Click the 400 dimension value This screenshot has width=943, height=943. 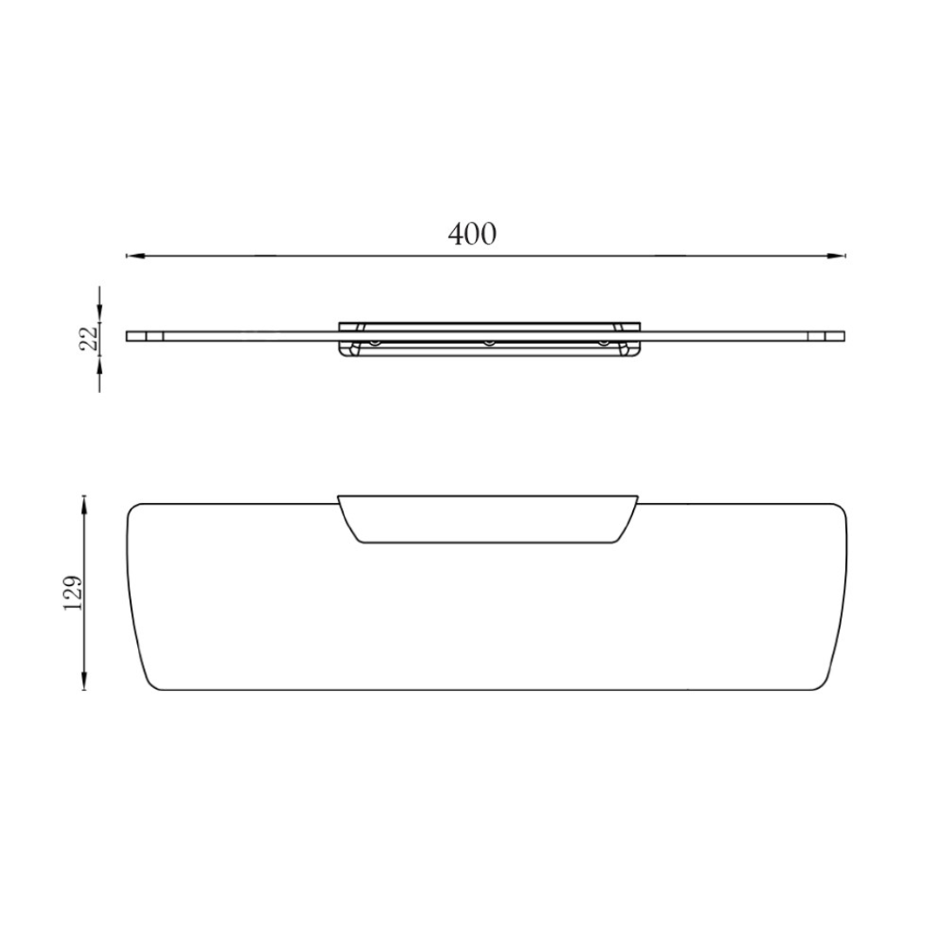(x=471, y=234)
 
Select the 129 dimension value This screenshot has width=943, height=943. (x=73, y=592)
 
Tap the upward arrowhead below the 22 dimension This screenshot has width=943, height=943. (x=100, y=362)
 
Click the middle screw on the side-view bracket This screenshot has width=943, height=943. (x=490, y=342)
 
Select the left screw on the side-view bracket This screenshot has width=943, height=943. (x=375, y=342)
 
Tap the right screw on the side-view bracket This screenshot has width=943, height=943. (x=602, y=342)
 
